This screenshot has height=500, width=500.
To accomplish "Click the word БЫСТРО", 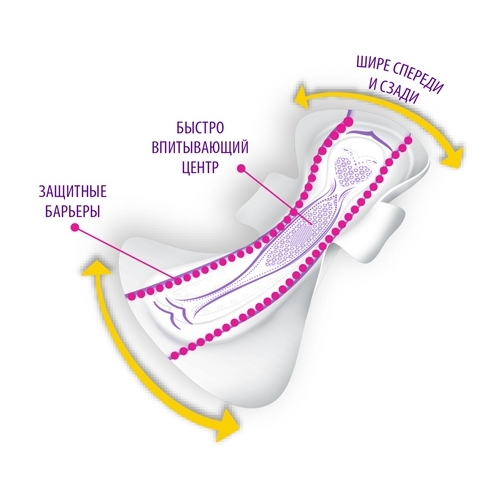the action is coord(200,128).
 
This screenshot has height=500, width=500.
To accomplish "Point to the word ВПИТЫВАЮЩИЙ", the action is coord(200,148).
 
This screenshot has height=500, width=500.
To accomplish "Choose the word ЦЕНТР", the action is coord(200,168).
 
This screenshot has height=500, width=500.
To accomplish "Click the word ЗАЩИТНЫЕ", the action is coord(73,192).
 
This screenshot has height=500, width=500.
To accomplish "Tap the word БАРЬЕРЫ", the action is coord(72,212).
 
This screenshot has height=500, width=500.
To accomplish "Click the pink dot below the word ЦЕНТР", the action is coord(242,169).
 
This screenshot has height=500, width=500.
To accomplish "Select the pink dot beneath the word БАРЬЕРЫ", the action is coord(75,227).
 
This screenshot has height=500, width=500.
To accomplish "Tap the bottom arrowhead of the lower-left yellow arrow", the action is coord(228,425).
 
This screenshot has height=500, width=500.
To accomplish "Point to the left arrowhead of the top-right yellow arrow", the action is coord(304,98).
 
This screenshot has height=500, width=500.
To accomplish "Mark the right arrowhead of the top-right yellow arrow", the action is coord(452,157).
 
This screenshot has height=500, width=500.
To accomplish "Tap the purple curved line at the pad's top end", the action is coord(367,135).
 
